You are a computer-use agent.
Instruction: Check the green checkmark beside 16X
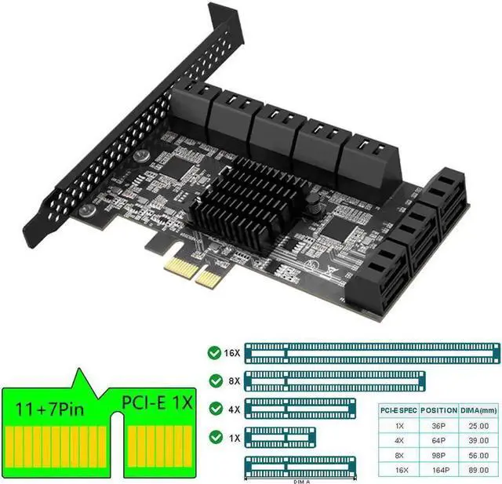[213, 353]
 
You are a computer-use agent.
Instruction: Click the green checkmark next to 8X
[213, 380]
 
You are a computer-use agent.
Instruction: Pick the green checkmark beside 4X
[213, 408]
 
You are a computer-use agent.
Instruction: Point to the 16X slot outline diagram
[372, 352]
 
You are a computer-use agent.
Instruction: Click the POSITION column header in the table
[438, 409]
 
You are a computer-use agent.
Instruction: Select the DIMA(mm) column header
[478, 409]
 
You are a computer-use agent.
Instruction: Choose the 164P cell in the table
[438, 469]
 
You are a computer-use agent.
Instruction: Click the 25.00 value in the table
[478, 424]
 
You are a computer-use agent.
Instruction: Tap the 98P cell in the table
[438, 454]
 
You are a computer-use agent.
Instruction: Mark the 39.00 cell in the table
[478, 439]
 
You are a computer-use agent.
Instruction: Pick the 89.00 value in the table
[478, 469]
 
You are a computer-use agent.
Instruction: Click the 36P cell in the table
[438, 424]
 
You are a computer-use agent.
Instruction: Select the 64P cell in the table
[438, 439]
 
